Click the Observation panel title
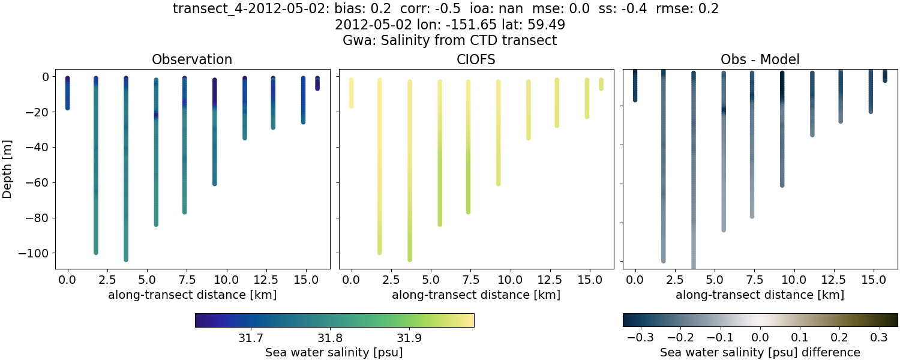[191, 59]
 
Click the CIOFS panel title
[476, 59]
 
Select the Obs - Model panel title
[760, 59]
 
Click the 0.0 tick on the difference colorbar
[760, 338]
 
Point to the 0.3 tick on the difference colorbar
[879, 338]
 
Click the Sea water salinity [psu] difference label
[760, 352]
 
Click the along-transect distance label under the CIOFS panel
[476, 295]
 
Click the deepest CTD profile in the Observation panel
[126, 168]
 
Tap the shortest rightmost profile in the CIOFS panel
[601, 84]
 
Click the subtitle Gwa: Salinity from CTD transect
[450, 41]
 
